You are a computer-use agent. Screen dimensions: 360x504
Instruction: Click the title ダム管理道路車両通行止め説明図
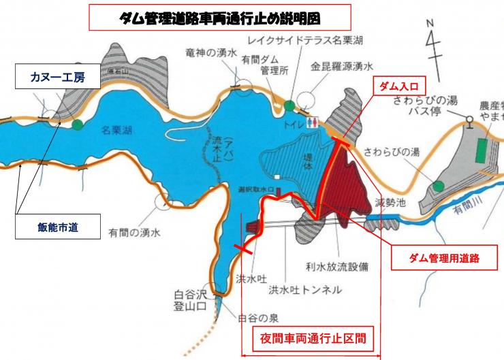219,16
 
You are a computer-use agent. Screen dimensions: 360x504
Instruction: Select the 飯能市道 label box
59,227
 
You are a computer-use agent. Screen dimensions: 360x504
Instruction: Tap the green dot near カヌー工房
78,125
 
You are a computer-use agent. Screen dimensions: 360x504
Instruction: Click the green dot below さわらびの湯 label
439,185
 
